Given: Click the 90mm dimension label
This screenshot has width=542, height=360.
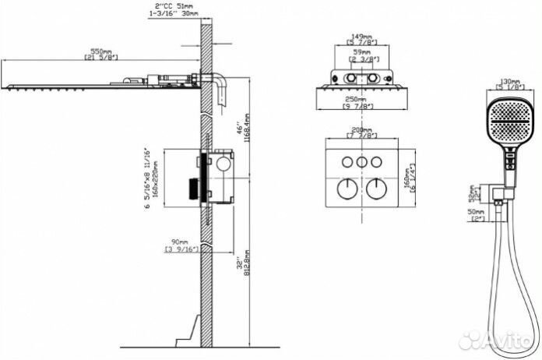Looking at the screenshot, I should click(181, 241).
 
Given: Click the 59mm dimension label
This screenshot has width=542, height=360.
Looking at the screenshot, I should click(360, 52).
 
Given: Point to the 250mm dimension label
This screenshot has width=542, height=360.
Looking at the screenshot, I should click(360, 100).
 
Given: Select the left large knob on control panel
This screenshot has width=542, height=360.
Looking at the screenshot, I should click(343, 189).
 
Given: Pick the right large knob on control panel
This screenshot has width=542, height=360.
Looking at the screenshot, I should click(377, 189).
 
